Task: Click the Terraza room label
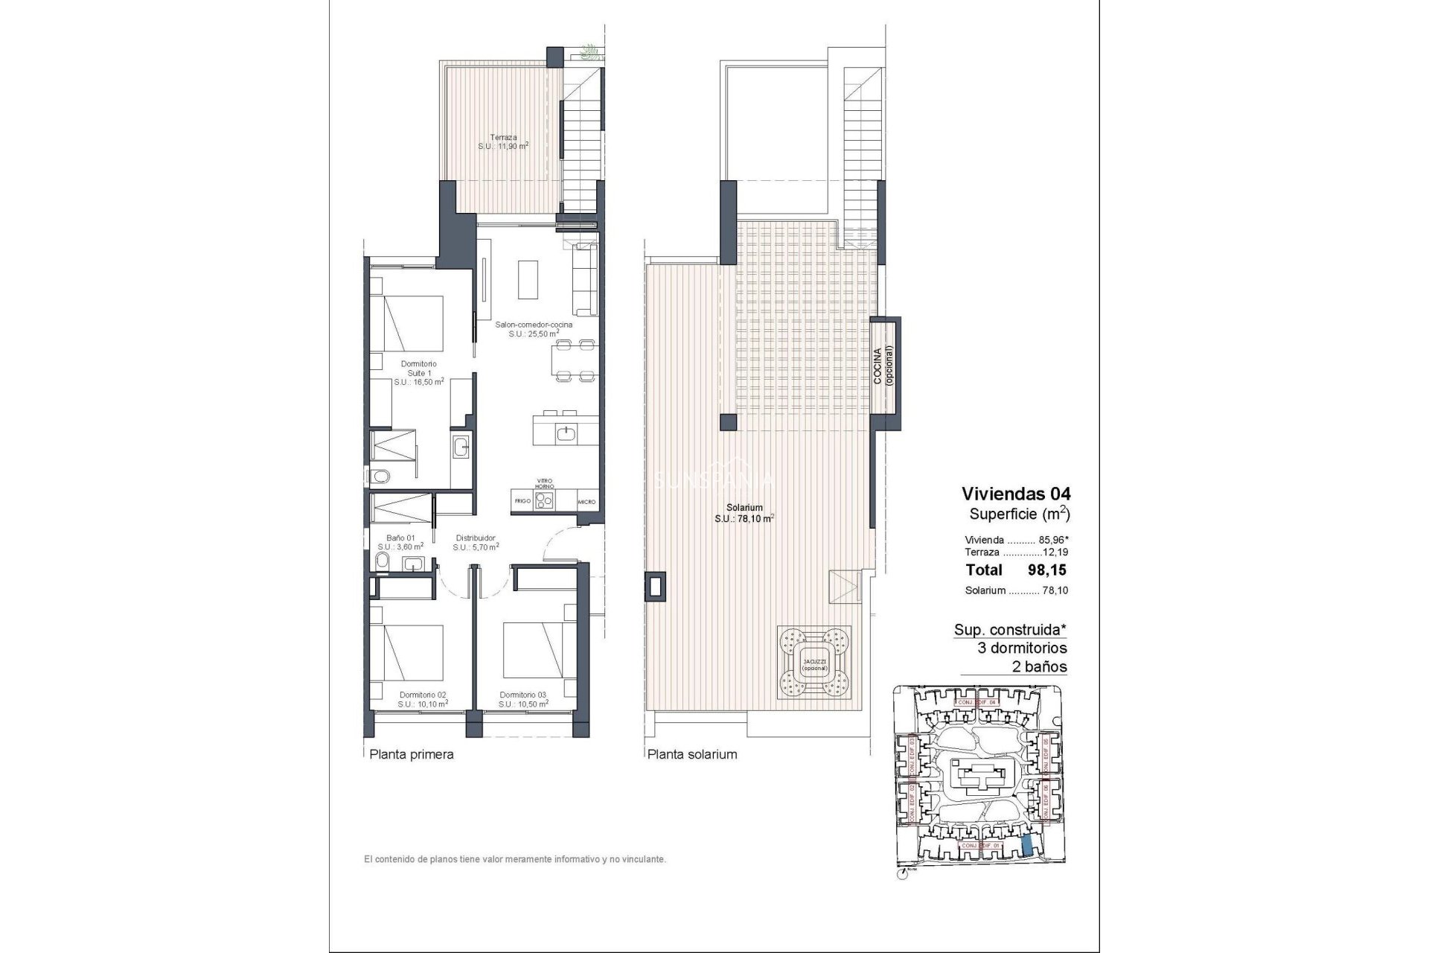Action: pyautogui.click(x=503, y=141)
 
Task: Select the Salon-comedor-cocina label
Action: pyautogui.click(x=534, y=329)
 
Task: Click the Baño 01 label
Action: pyautogui.click(x=400, y=541)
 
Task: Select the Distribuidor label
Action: pyautogui.click(x=475, y=541)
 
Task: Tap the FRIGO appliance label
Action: pyautogui.click(x=522, y=501)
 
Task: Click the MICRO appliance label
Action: pyautogui.click(x=586, y=502)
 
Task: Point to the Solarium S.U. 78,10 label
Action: pyautogui.click(x=744, y=512)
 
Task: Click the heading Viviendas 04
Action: pyautogui.click(x=1015, y=493)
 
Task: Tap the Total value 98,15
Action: pyautogui.click(x=1047, y=570)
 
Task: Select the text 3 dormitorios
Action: pyautogui.click(x=1021, y=648)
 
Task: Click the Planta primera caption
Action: pyautogui.click(x=412, y=754)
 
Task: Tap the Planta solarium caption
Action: pyautogui.click(x=692, y=754)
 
